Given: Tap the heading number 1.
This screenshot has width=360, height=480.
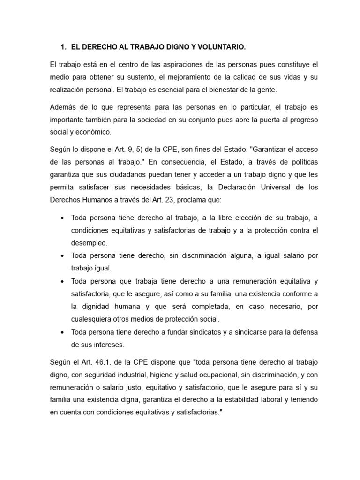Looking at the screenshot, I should point(63,47).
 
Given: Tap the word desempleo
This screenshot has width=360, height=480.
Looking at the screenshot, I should point(89,243).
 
